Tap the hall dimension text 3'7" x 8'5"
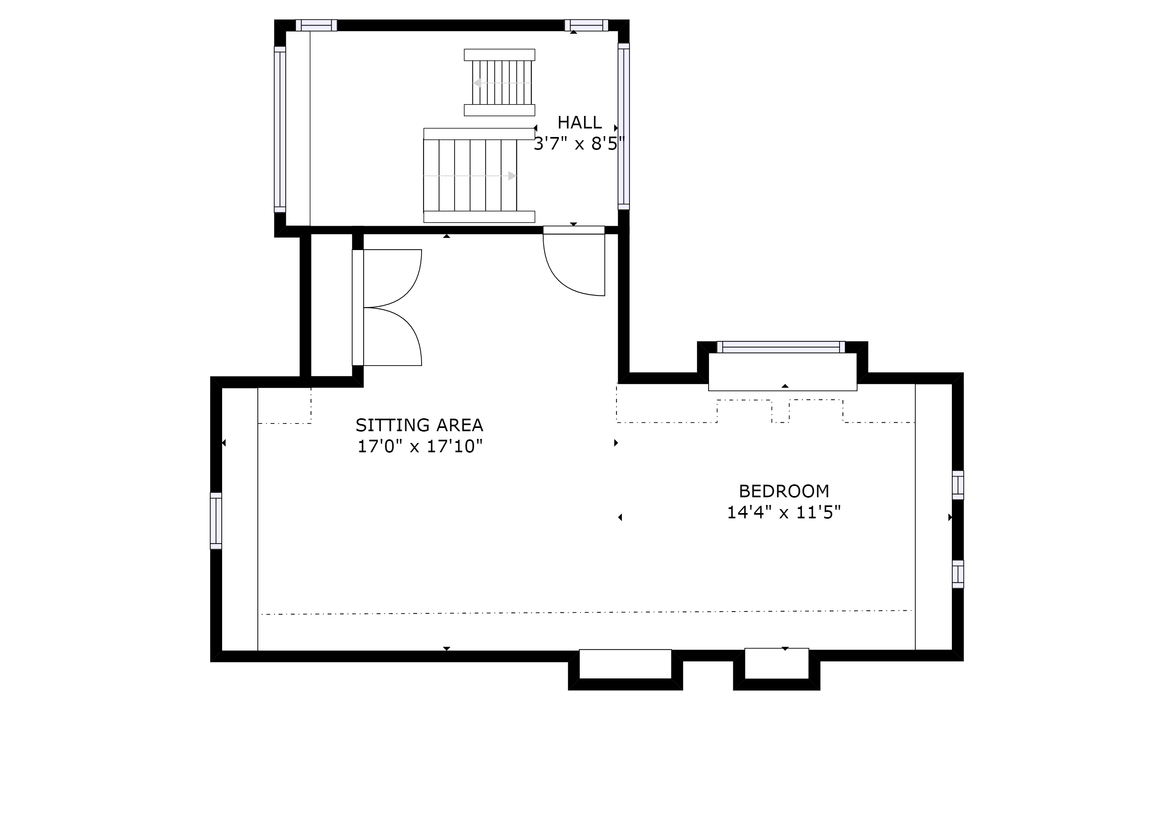click(x=579, y=144)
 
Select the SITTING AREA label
click(x=419, y=425)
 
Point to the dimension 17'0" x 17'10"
click(x=419, y=447)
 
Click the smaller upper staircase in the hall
click(x=499, y=82)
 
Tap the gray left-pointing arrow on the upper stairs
click(x=477, y=83)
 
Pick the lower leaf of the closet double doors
click(x=391, y=337)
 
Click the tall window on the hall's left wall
click(x=280, y=129)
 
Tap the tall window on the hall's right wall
click(x=623, y=126)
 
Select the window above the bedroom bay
click(x=781, y=347)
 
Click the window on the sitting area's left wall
click(x=216, y=521)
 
